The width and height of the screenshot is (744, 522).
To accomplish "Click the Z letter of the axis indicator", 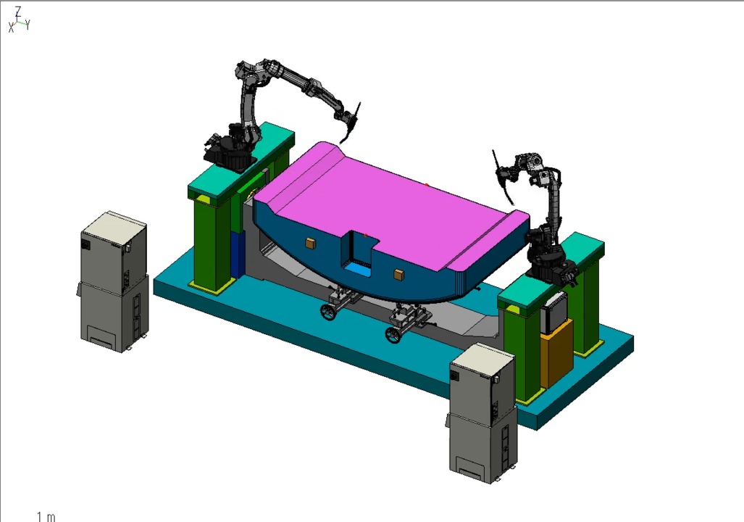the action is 19,11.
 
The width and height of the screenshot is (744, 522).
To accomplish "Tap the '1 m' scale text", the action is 46,516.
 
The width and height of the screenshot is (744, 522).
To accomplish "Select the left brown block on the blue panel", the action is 310,243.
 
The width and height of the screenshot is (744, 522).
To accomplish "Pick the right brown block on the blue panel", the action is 398,275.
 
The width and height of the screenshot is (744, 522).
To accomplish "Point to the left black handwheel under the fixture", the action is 327,312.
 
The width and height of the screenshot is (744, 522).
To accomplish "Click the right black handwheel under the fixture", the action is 393,335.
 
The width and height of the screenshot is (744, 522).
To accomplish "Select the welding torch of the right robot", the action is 503,175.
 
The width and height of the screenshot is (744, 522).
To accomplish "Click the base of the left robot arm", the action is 227,152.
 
